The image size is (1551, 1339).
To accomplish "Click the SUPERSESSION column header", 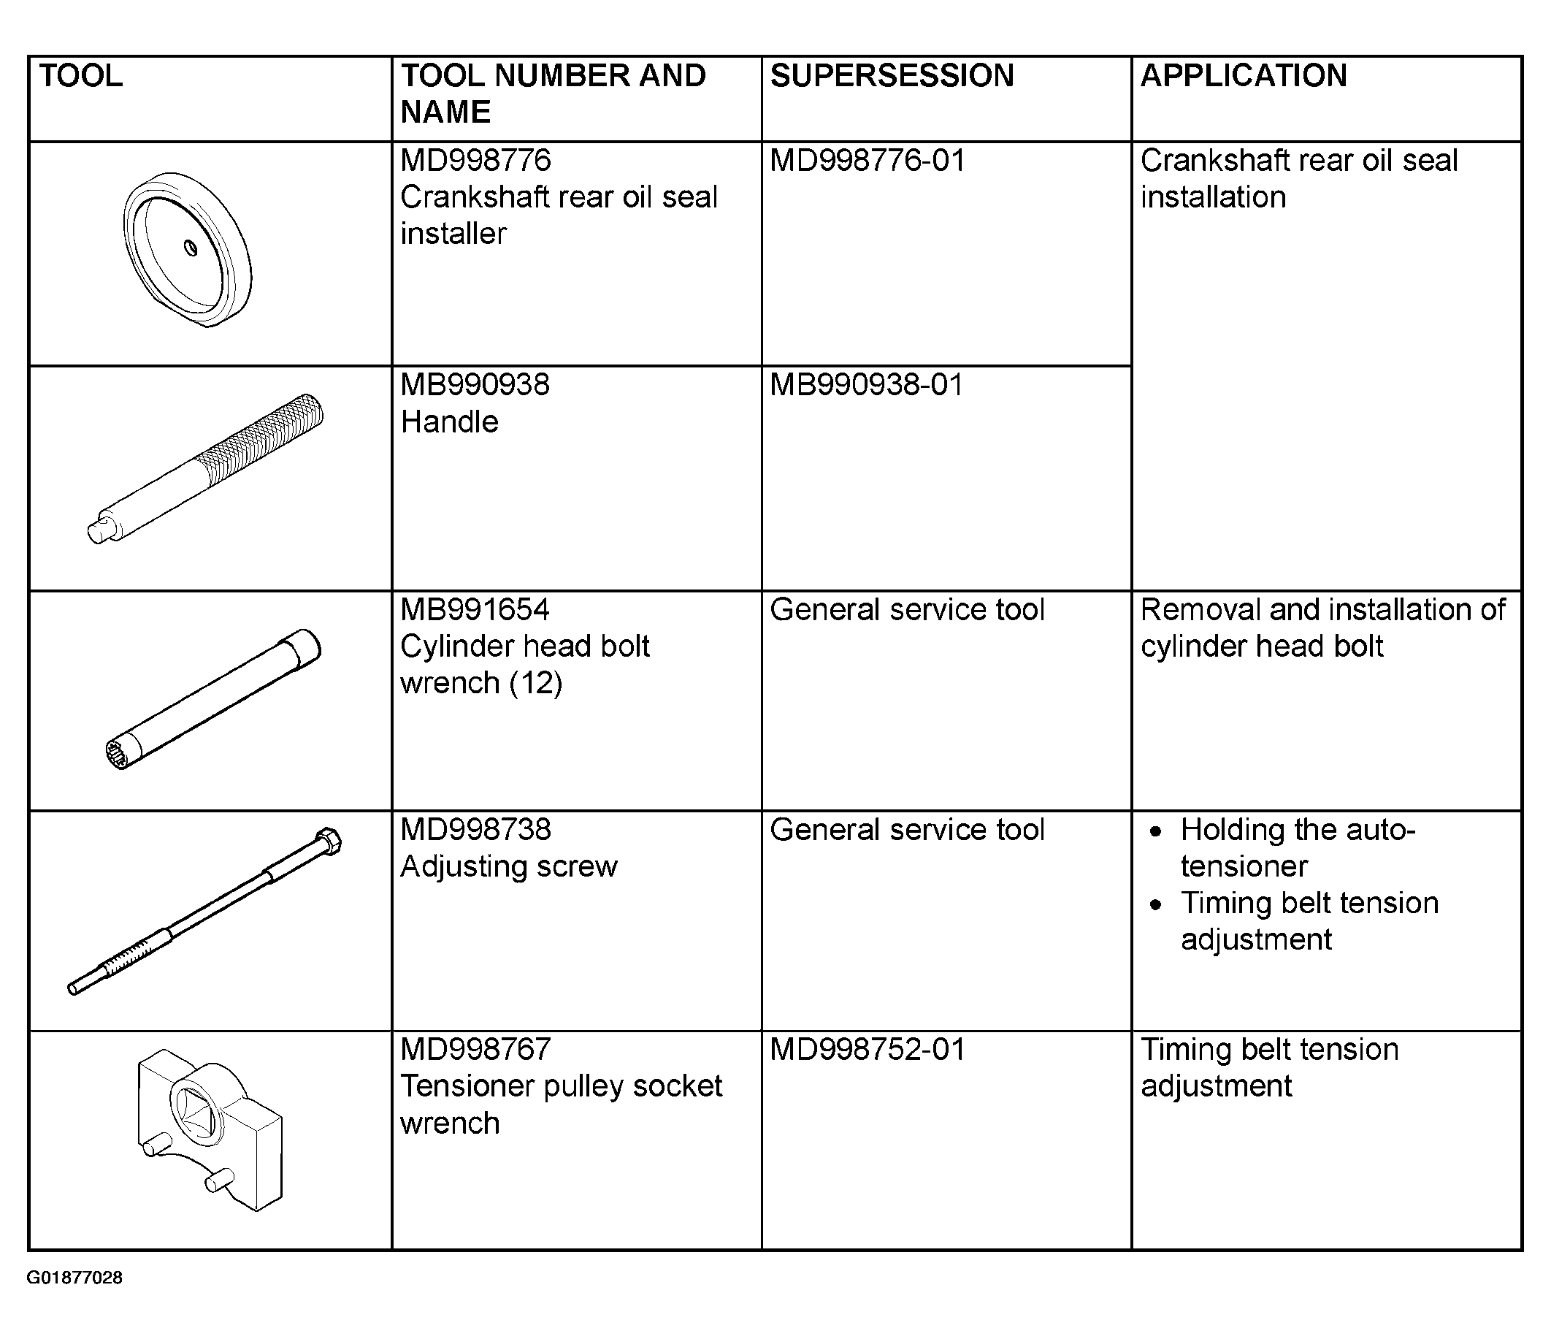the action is pos(892,76).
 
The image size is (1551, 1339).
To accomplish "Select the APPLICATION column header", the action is pos(1244,76).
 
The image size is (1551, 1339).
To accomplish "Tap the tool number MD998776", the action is pos(475,160).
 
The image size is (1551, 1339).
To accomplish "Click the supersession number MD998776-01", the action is pos(868,160).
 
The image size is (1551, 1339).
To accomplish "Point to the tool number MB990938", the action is pos(475,385).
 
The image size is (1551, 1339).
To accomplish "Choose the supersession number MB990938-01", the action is pos(867,385).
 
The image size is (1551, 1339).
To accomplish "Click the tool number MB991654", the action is pos(475,609).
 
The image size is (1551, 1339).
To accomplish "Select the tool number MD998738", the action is pos(475,830).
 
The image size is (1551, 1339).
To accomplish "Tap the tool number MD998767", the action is pos(475,1049).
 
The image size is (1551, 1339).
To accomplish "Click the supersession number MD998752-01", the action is pos(868,1049).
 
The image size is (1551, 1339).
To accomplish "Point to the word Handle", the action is pos(449,421).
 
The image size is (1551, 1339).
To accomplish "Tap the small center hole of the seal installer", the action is pos(191,247).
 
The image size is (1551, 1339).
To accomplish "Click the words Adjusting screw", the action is pos(509,866).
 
